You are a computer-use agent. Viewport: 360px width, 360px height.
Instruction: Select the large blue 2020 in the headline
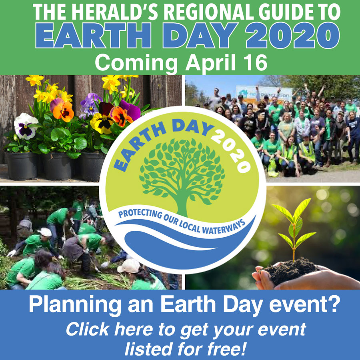click(292, 35)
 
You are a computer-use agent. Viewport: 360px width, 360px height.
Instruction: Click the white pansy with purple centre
click(25, 126)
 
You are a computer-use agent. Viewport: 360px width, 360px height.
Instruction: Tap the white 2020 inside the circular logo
click(232, 152)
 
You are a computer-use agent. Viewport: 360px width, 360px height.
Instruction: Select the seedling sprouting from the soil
click(294, 227)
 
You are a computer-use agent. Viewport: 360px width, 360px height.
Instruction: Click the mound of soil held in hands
click(290, 271)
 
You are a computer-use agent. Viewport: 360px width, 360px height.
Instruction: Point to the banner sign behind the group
click(264, 94)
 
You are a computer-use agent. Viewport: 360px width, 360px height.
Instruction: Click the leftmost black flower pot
click(22, 166)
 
